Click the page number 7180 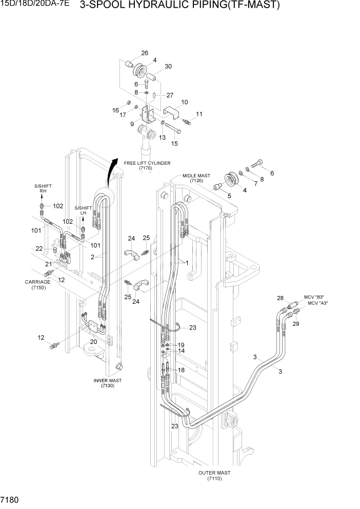coord(11,499)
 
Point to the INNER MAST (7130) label coord(104,383)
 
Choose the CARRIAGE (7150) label coord(37,284)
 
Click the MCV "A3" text coord(318,304)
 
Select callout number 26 coord(145,53)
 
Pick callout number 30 coord(168,67)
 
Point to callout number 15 coord(174,144)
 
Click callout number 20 coord(93,342)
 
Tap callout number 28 coord(280,298)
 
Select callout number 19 coord(181,345)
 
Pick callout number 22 coord(39,248)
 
